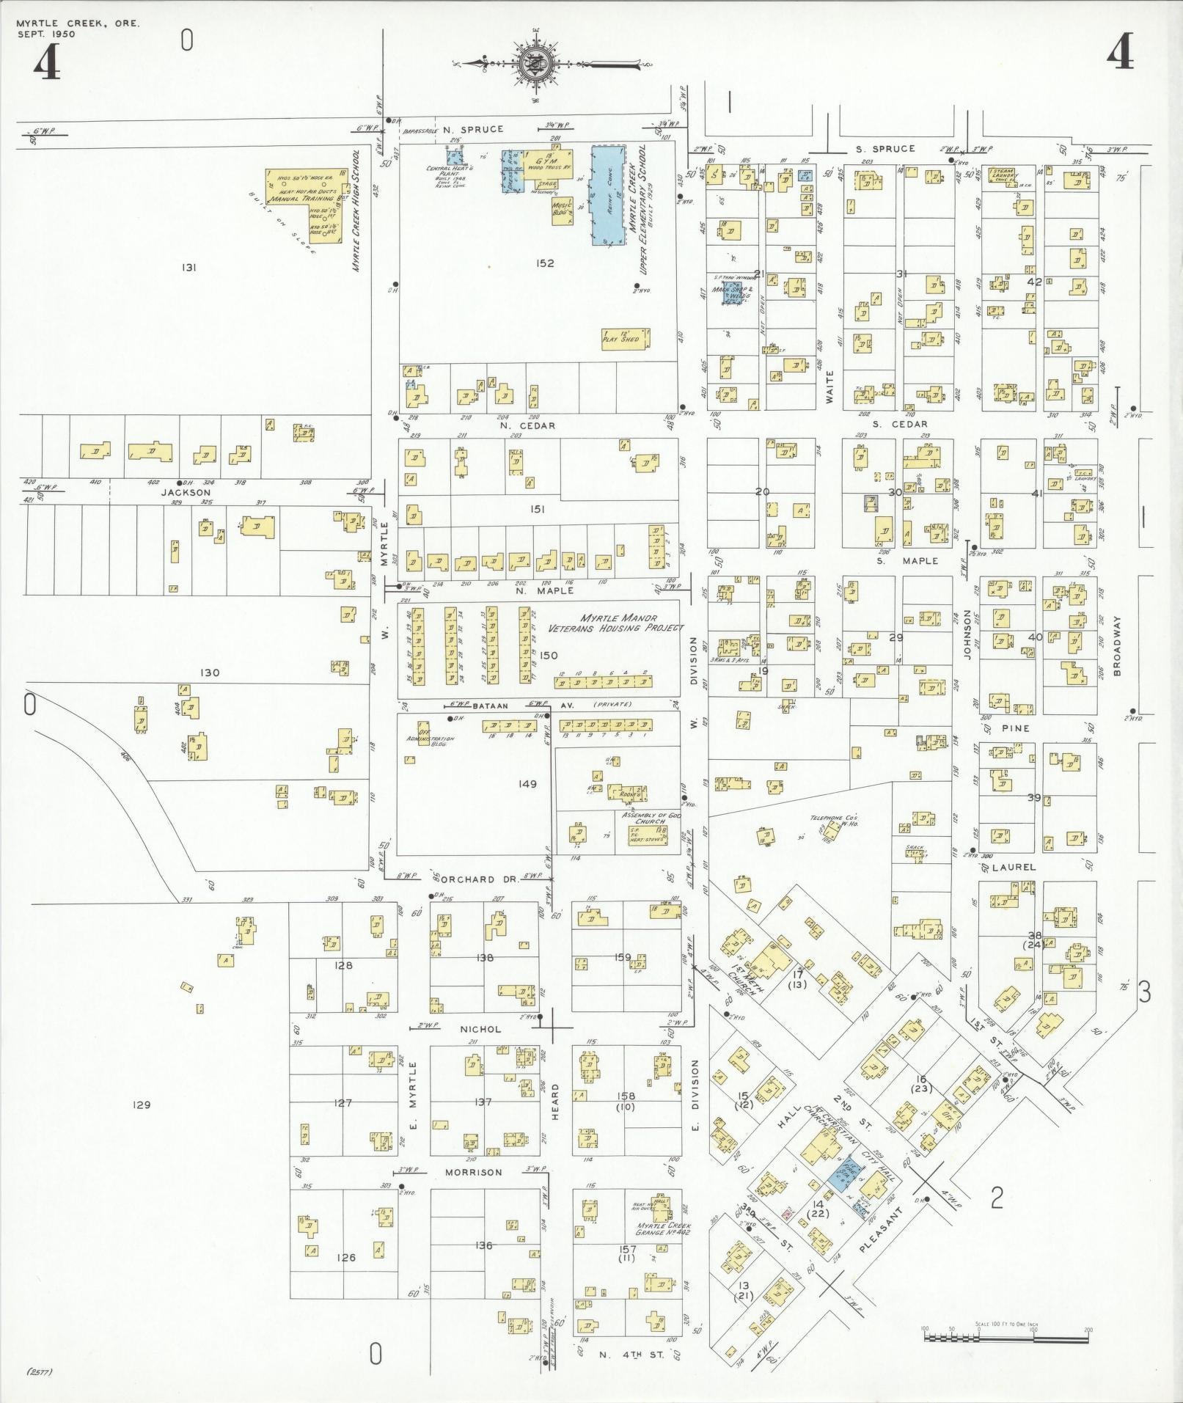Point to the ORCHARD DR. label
click(x=469, y=879)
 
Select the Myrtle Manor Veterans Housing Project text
click(x=615, y=623)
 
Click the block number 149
click(x=527, y=784)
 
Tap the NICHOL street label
click(x=480, y=1029)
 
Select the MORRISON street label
click(x=475, y=1172)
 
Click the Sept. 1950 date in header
click(x=46, y=34)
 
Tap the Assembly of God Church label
click(x=644, y=818)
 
